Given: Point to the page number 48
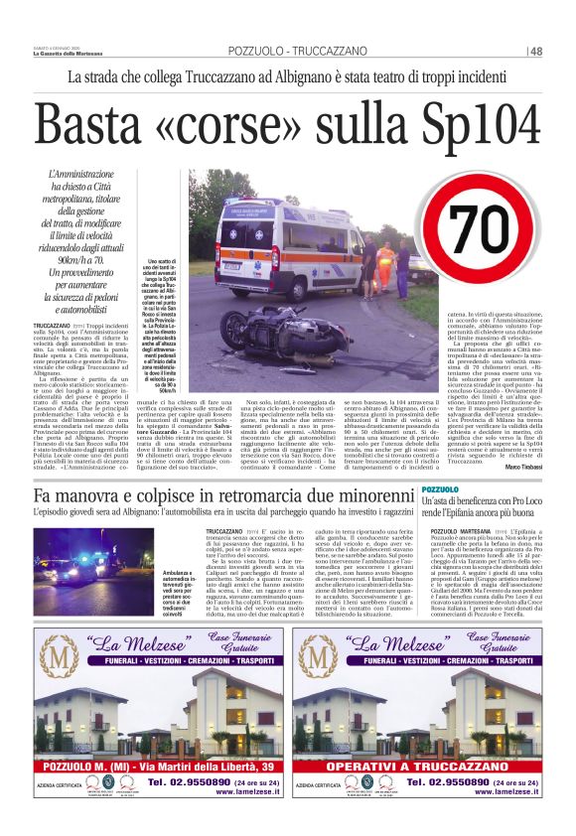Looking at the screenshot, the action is click(535, 51).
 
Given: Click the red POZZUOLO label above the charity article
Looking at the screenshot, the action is click(441, 490).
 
